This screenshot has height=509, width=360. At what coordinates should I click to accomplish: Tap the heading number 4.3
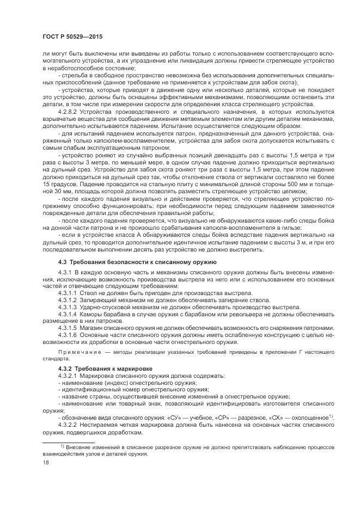[63, 262]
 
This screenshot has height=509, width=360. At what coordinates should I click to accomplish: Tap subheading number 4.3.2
[66, 369]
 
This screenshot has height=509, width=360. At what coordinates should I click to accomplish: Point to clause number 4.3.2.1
[69, 376]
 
